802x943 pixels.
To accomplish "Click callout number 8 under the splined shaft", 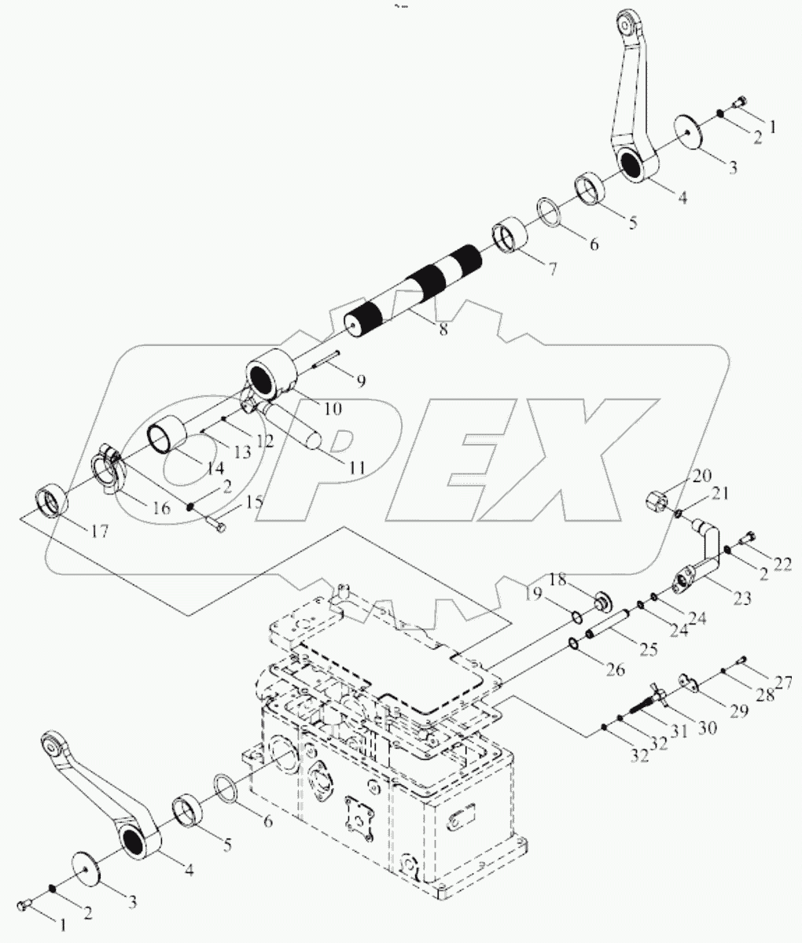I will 443,330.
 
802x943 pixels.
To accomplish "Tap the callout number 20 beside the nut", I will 701,476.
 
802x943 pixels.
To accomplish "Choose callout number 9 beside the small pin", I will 359,381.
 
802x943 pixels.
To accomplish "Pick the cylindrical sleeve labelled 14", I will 167,433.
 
